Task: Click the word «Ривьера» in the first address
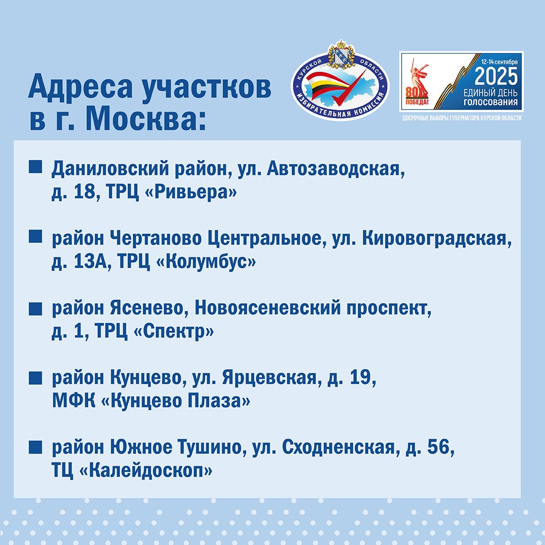click(190, 192)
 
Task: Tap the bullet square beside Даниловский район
click(35, 167)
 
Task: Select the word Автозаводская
click(336, 169)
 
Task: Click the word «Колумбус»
click(206, 261)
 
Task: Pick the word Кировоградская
click(437, 238)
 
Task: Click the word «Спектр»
click(174, 331)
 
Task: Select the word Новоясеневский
click(267, 308)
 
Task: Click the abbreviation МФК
click(74, 400)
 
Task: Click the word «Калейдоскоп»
click(146, 470)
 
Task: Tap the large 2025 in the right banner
click(496, 77)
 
